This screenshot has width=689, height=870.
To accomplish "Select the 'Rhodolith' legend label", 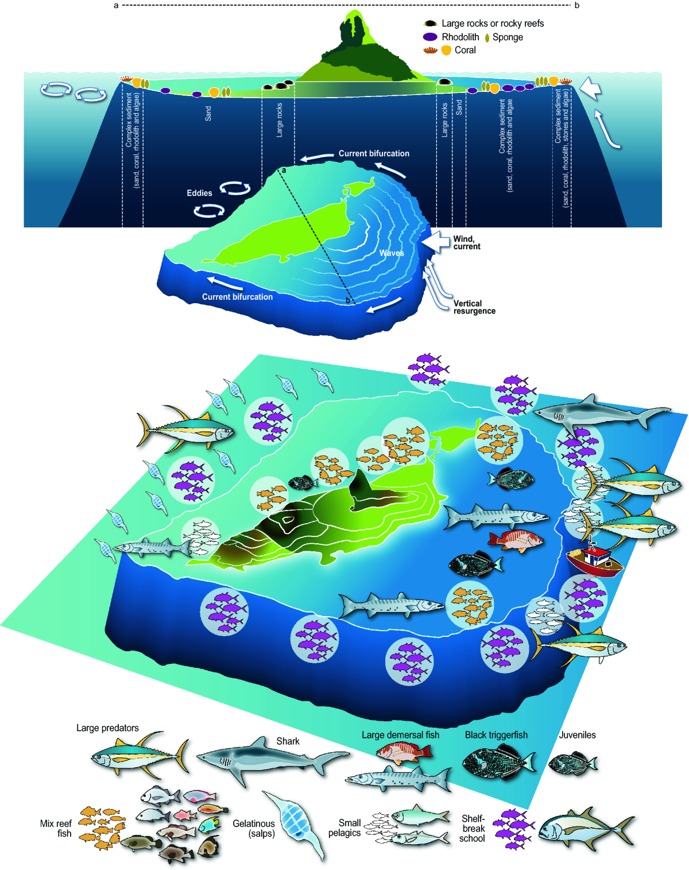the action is tap(460, 37).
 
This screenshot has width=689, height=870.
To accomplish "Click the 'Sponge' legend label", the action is tap(508, 37).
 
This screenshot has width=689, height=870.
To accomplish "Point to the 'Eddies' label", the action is tap(199, 193).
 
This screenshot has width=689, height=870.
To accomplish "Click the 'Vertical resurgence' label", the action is tap(474, 307).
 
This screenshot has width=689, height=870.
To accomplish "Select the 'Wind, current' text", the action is tap(466, 243).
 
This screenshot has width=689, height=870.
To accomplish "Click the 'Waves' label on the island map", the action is tap(392, 253).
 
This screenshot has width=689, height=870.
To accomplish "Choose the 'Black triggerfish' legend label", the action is tap(496, 734).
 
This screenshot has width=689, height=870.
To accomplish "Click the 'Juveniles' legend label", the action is tap(577, 734).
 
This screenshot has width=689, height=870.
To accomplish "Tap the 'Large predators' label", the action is tap(107, 728).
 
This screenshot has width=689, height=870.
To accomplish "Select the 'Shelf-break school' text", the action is tap(473, 828).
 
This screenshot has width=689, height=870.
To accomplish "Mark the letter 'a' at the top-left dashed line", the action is tap(116, 6).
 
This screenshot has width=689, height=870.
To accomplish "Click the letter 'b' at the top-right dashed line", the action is tap(577, 6).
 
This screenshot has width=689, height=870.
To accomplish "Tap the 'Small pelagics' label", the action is tap(345, 828).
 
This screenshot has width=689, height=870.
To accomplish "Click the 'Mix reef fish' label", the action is tap(56, 828).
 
